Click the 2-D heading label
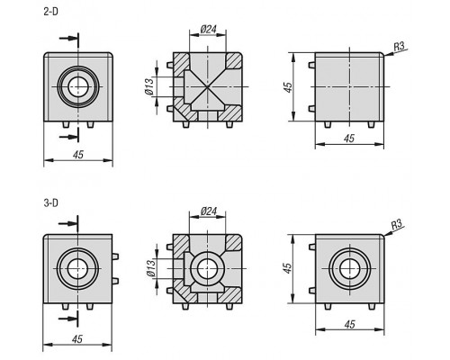pyautogui.click(x=50, y=12)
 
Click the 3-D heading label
pyautogui.click(x=50, y=203)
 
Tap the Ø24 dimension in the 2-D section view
pyautogui.click(x=208, y=29)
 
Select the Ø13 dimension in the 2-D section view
pyautogui.click(x=149, y=86)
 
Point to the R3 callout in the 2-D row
pyautogui.click(x=399, y=46)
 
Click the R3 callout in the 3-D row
pyautogui.click(x=397, y=224)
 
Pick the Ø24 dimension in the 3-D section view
pyautogui.click(x=208, y=211)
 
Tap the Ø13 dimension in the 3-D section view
pyautogui.click(x=151, y=268)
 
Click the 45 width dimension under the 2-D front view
pyautogui.click(x=78, y=155)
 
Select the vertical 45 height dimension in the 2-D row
pyautogui.click(x=288, y=87)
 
